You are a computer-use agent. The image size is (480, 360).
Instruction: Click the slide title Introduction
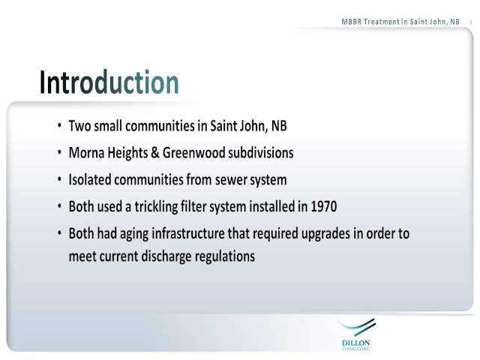(x=109, y=82)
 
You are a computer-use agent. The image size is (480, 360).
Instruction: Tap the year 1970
(x=324, y=206)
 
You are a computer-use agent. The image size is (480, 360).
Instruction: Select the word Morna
(x=87, y=153)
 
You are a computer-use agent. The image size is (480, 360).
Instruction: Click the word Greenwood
(x=193, y=153)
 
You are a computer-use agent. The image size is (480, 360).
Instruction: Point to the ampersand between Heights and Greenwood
(x=155, y=153)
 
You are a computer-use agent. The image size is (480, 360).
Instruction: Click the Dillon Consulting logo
(x=356, y=334)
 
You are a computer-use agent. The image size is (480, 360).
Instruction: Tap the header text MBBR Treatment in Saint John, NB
(x=400, y=22)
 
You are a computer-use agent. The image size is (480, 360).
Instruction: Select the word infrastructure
(x=188, y=233)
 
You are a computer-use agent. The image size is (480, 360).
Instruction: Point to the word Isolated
(x=90, y=179)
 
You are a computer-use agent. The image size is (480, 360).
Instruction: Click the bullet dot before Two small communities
(x=60, y=125)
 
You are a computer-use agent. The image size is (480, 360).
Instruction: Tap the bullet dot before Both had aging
(x=60, y=233)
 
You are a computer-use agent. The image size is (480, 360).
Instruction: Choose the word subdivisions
(x=260, y=153)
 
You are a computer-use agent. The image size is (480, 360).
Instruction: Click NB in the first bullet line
(x=279, y=126)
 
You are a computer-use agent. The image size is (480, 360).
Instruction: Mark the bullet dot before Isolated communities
(x=60, y=179)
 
